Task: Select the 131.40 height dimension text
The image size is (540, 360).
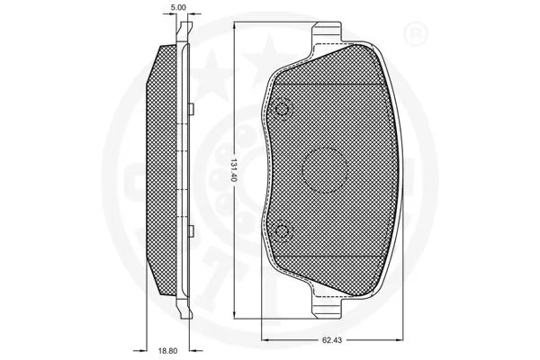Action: (x=232, y=171)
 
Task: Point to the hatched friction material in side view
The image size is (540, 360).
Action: (x=164, y=171)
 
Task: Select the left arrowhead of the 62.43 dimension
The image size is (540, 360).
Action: (x=265, y=337)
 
